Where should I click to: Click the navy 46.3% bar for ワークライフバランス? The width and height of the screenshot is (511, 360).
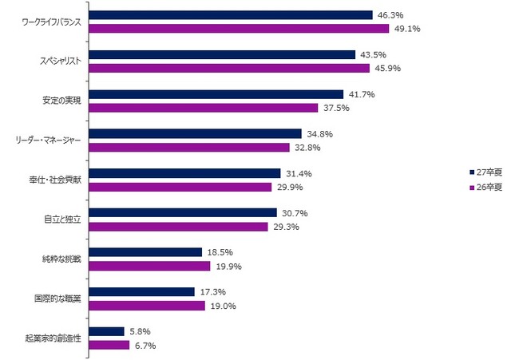(230, 15)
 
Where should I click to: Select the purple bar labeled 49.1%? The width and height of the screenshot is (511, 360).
(238, 29)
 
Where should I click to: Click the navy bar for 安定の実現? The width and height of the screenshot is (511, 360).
(216, 94)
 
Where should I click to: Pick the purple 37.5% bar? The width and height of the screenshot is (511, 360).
(203, 108)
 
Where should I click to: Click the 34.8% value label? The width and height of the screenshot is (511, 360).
(317, 134)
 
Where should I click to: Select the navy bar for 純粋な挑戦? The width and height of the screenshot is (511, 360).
(145, 252)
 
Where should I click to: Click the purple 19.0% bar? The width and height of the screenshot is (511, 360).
(146, 305)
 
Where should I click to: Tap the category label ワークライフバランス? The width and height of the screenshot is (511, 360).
(52, 22)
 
